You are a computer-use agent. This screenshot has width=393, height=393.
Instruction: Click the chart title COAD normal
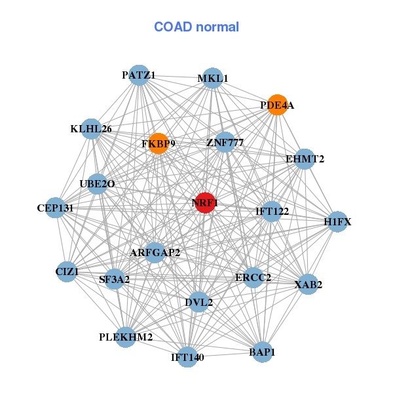pos(196,28)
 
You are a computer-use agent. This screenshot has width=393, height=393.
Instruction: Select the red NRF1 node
pos(205,203)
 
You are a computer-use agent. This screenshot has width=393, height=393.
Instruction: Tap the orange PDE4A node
pos(278,105)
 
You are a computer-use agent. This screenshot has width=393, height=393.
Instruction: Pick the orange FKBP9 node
pos(159,143)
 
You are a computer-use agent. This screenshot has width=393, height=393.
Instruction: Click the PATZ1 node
pos(138,75)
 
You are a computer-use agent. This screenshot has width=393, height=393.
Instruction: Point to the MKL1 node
pos(212,79)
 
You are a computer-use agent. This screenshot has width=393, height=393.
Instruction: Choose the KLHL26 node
pos(92,129)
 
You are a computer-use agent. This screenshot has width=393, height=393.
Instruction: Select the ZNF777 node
pos(225,142)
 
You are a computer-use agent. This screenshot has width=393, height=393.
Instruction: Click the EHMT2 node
pos(305,159)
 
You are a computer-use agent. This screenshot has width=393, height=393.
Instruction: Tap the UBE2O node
pos(97,184)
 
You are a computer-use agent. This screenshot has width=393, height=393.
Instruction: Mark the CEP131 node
pos(56,208)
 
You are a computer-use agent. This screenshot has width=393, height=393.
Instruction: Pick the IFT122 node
pos(272,211)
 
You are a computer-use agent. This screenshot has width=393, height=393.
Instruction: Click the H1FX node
pos(337,222)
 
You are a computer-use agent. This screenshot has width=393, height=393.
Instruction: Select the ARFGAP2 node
pos(155,252)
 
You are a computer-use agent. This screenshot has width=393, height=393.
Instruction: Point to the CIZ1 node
pos(67,271)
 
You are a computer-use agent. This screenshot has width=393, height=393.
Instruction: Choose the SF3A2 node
pos(115,280)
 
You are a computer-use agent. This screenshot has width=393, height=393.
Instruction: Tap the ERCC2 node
pos(253,278)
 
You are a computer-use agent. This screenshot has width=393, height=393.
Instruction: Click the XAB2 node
pos(308,284)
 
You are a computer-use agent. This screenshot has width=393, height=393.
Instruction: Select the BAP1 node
pos(262,352)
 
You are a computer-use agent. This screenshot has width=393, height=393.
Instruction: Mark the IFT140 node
pos(187,357)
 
